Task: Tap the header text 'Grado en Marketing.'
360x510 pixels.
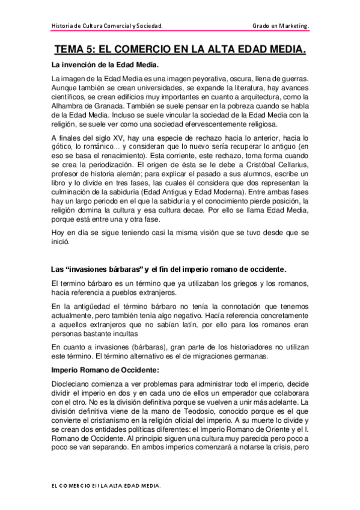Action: (281, 26)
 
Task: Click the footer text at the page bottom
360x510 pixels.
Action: (105, 484)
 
